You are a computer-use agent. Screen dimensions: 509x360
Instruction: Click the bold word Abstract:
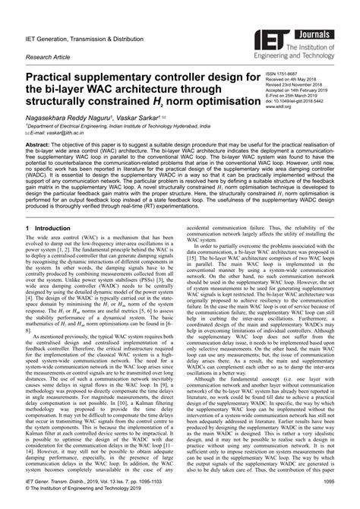point(40,144)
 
